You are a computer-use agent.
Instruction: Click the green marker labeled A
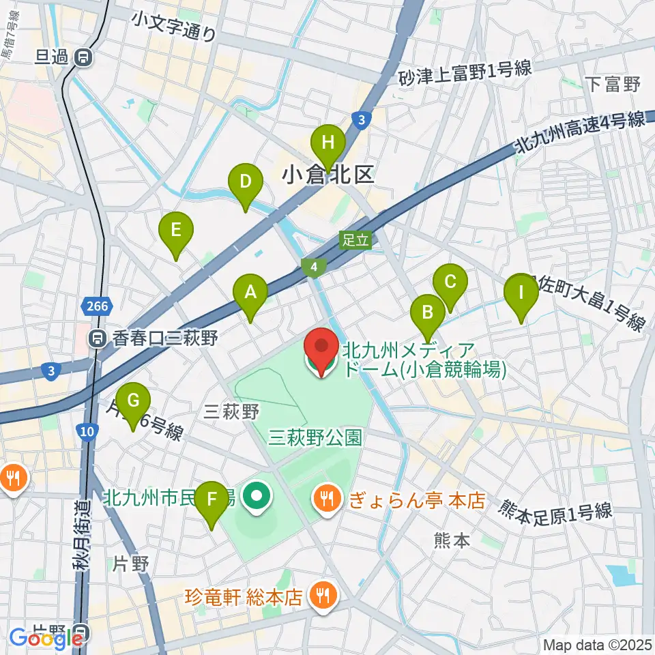coord(250,293)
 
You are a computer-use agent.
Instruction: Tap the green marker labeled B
coord(428,313)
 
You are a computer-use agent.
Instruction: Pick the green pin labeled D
coord(246,183)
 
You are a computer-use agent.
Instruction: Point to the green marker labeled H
coord(328,144)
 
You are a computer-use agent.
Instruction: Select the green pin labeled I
coord(521,294)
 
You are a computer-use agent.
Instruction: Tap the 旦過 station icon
coord(85,57)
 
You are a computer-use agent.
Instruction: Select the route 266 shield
coord(98,306)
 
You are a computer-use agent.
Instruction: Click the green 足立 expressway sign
coord(356,239)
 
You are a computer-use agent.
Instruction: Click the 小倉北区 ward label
coord(328,175)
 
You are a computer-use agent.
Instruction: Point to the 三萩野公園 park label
coord(315,437)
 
